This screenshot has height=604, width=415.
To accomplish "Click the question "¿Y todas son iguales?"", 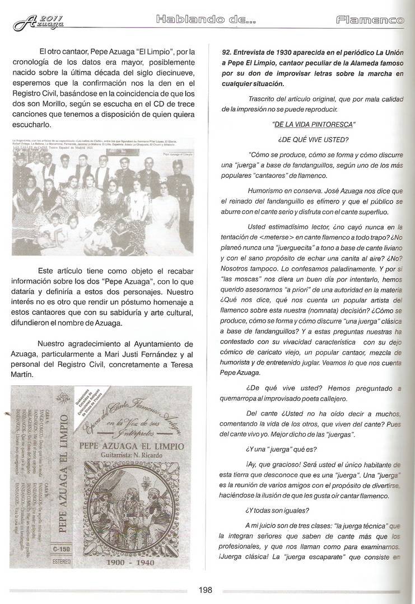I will pyautogui.click(x=276, y=509).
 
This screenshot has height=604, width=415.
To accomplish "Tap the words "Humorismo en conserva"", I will pyautogui.click(x=280, y=190).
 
